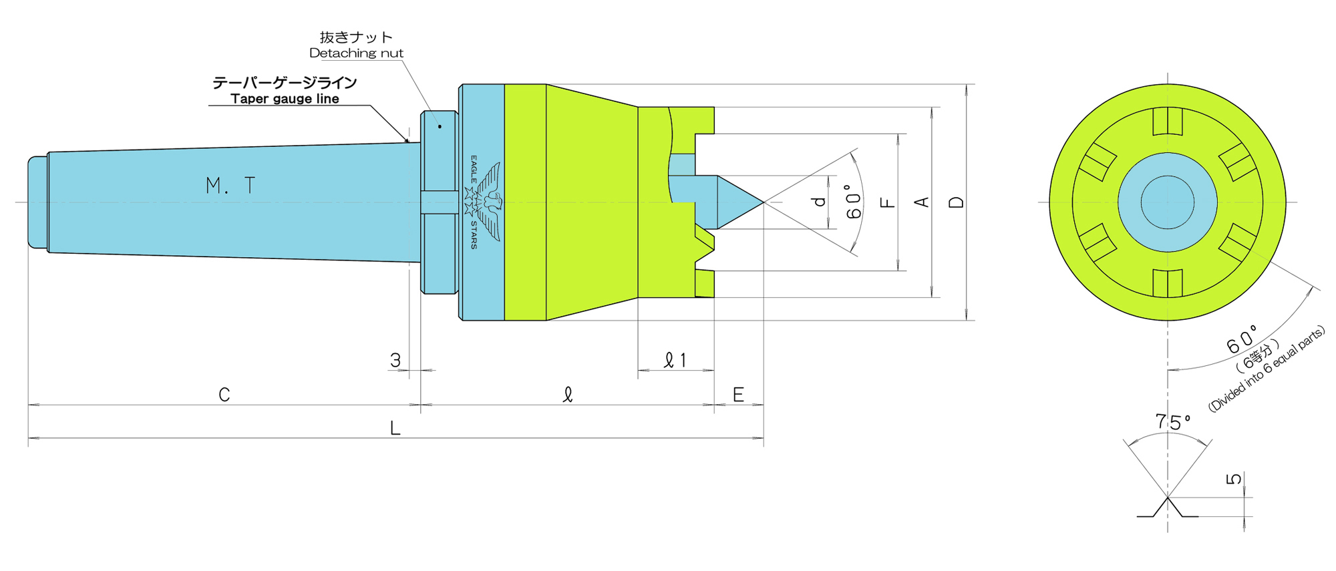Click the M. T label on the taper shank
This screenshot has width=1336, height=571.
click(230, 186)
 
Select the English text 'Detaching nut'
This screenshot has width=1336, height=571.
click(356, 53)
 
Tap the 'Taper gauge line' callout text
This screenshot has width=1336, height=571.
click(285, 99)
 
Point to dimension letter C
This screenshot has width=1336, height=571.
click(224, 395)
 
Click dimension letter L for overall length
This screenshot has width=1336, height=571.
click(395, 428)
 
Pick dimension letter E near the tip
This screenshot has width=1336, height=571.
click(738, 395)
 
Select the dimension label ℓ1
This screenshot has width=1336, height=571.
click(675, 361)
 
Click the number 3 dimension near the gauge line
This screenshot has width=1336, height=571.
click(395, 361)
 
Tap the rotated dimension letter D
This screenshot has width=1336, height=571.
click(957, 202)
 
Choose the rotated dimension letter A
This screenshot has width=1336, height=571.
click(922, 202)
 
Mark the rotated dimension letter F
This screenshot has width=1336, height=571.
click(888, 202)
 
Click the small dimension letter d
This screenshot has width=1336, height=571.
click(819, 202)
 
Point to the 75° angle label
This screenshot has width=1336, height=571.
click(1173, 422)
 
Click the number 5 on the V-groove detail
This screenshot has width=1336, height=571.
click(1234, 479)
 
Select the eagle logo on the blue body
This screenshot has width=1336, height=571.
click(483, 202)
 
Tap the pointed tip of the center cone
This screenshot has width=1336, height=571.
click(764, 202)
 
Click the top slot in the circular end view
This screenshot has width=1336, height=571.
click(1168, 122)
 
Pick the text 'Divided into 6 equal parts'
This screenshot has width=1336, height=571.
click(1267, 369)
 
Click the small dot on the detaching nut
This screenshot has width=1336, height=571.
click(440, 126)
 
